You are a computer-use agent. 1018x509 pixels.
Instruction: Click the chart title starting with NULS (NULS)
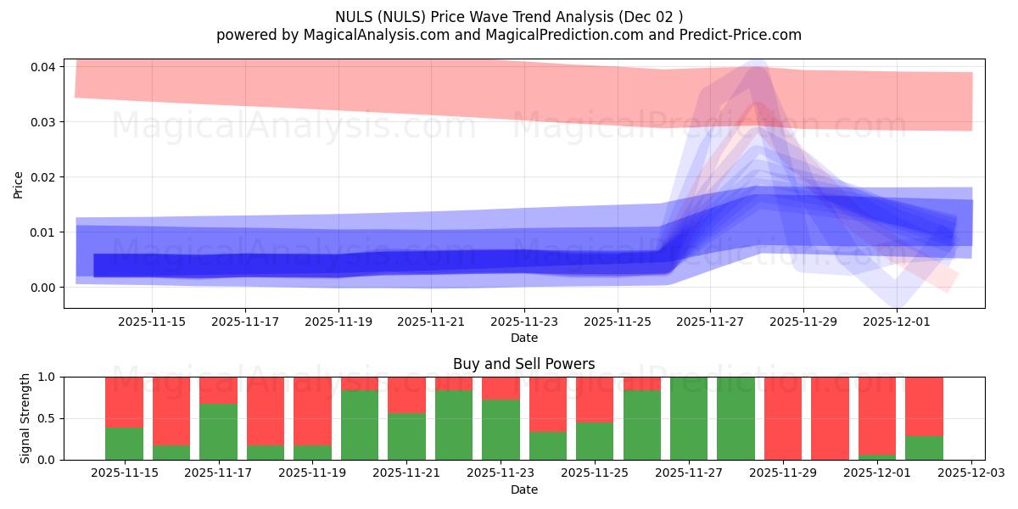pyautogui.click(x=509, y=16)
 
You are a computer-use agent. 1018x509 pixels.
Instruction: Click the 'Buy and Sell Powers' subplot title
pyautogui.click(x=523, y=364)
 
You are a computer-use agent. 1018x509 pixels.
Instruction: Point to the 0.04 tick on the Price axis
pyautogui.click(x=45, y=67)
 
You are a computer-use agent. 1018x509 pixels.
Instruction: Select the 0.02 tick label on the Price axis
pyautogui.click(x=45, y=177)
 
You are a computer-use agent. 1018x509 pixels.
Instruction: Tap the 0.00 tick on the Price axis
pyautogui.click(x=45, y=288)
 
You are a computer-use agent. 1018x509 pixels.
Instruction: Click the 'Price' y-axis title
pyautogui.click(x=19, y=184)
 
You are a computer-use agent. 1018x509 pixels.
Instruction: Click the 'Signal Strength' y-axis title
pyautogui.click(x=25, y=418)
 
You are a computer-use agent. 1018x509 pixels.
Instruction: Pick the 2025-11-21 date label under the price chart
pyautogui.click(x=431, y=322)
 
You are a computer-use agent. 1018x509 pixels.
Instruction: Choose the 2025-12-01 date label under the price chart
pyautogui.click(x=898, y=322)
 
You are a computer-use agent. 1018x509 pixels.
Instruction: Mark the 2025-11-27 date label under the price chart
pyautogui.click(x=711, y=322)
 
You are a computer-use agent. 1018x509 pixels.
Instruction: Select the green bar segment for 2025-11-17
pyautogui.click(x=218, y=432)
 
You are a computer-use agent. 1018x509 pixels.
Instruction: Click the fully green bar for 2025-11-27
pyautogui.click(x=689, y=418)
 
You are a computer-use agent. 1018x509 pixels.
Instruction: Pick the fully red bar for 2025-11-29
pyautogui.click(x=783, y=418)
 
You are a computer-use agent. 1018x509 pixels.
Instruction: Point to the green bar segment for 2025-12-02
pyautogui.click(x=924, y=448)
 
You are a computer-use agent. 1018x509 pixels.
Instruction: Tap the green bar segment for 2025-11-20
pyautogui.click(x=360, y=425)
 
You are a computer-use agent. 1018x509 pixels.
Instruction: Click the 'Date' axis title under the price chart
pyautogui.click(x=523, y=338)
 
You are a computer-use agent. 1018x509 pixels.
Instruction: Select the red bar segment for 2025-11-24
pyautogui.click(x=548, y=404)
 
